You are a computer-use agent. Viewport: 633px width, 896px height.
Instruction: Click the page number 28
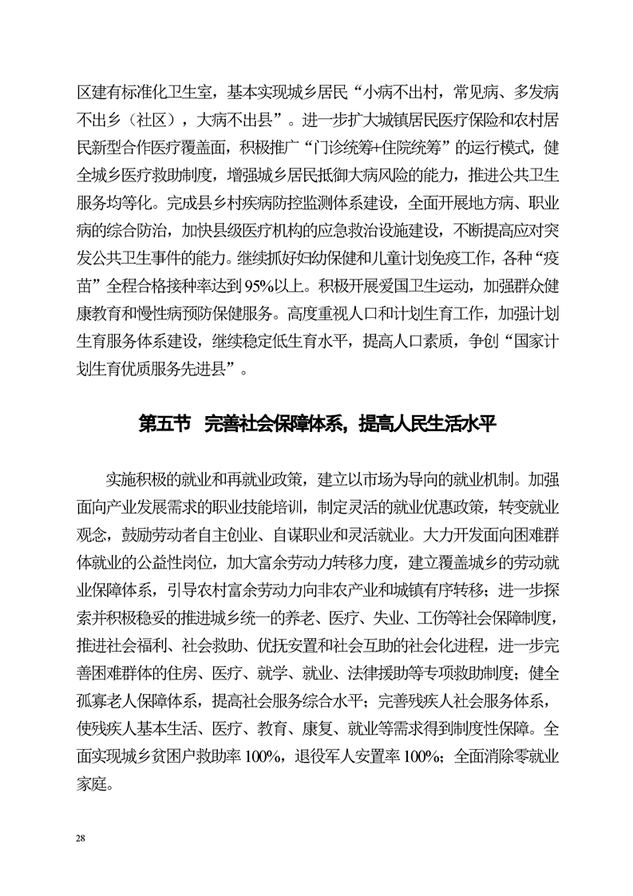point(79,837)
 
